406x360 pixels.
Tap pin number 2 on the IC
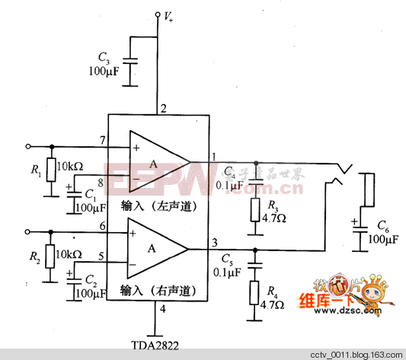[163, 107]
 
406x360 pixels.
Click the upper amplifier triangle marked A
[155, 162]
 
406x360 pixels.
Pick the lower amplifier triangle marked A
[155, 248]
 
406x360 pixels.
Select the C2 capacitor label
[91, 280]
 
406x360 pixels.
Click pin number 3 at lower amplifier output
[213, 242]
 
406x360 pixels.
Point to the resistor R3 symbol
[256, 209]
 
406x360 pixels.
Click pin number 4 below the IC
[162, 309]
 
